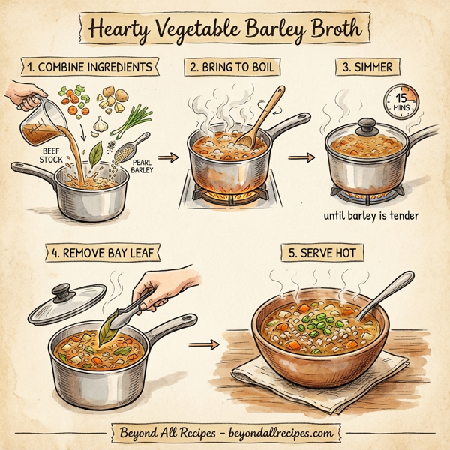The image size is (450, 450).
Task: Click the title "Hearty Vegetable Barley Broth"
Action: click(x=225, y=29)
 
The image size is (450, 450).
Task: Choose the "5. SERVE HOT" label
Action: click(x=321, y=253)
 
